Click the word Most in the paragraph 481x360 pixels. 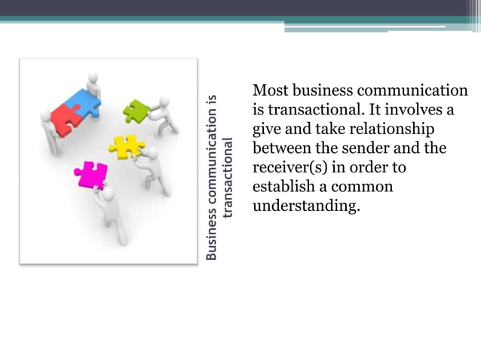(x=269, y=91)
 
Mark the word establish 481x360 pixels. (x=283, y=185)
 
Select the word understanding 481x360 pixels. (x=302, y=205)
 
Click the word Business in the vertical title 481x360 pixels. (x=212, y=238)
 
